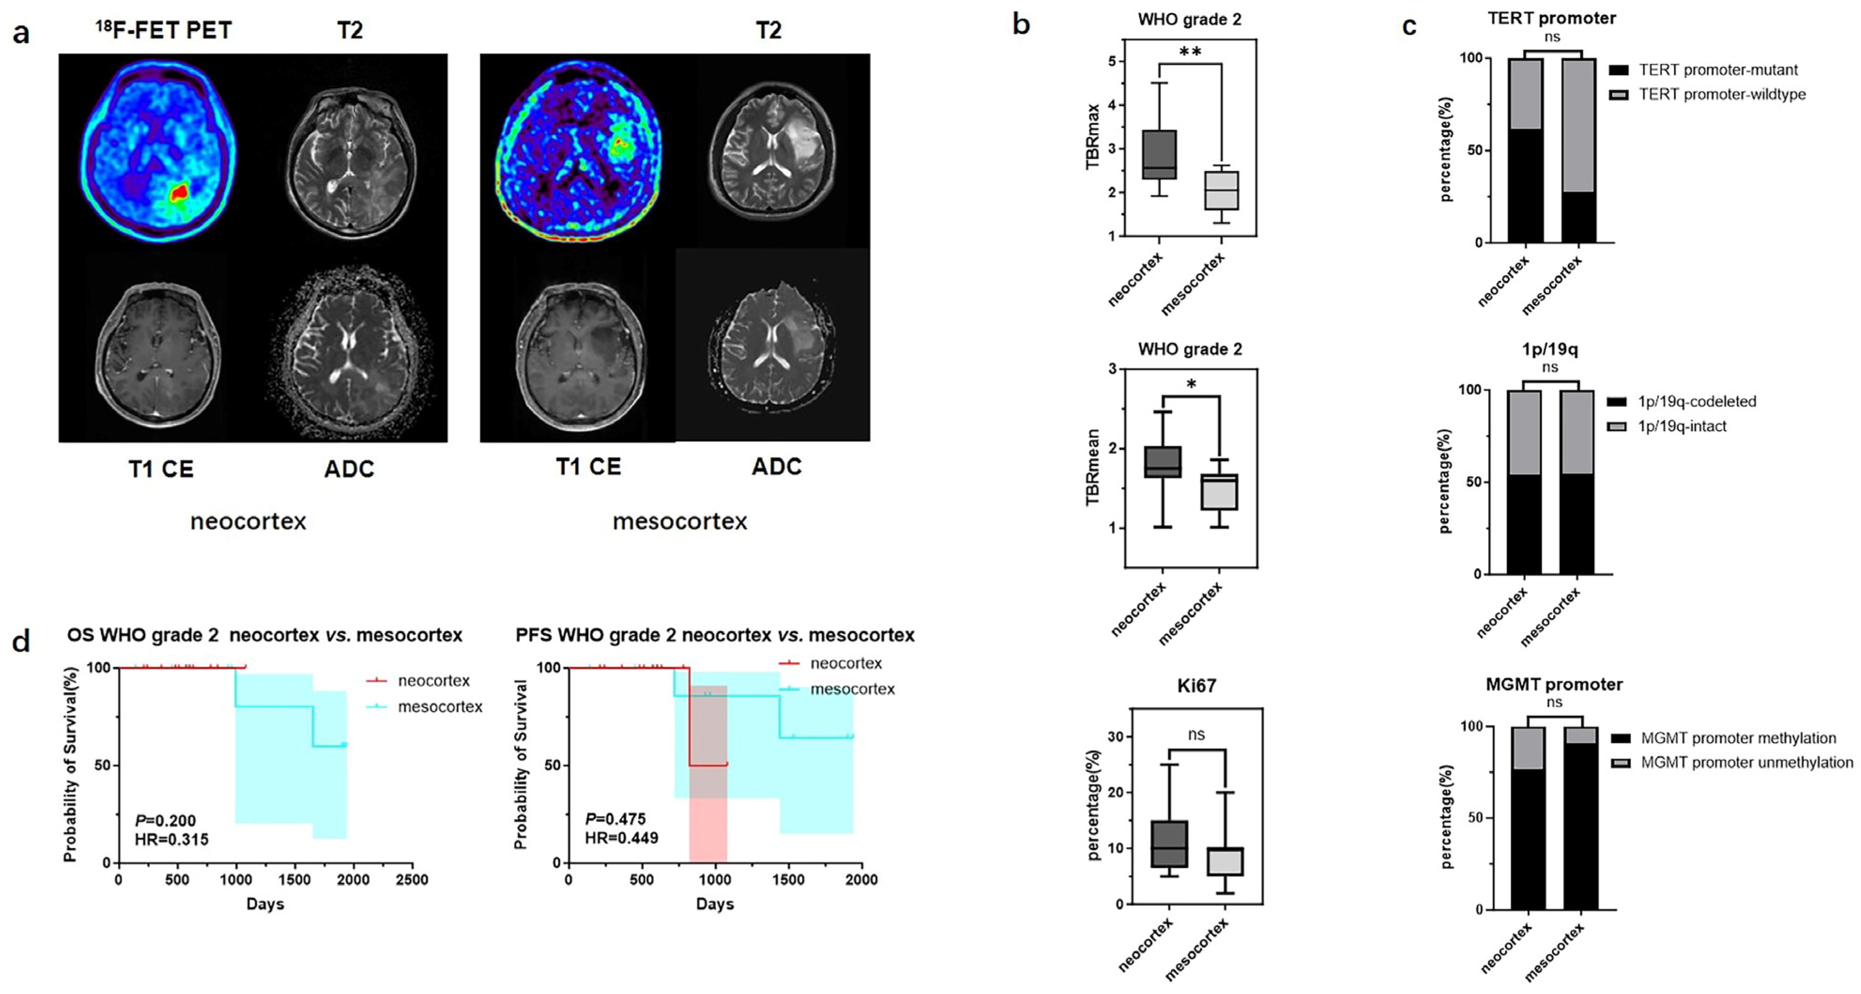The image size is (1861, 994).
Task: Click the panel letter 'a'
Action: [x=21, y=33]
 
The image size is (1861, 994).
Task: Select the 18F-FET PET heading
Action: [x=163, y=31]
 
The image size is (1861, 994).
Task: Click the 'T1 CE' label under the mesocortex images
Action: [x=588, y=467]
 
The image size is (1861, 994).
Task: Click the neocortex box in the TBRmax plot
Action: [x=1159, y=154]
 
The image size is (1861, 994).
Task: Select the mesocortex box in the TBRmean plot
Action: [x=1220, y=492]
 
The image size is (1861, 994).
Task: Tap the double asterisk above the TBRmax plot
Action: [x=1190, y=53]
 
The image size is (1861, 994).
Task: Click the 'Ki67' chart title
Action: [x=1196, y=686]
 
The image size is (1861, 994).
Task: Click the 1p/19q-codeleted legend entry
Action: [x=1696, y=401]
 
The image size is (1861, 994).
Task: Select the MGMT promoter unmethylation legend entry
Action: [x=1746, y=763]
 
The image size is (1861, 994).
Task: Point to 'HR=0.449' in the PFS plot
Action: [x=621, y=838]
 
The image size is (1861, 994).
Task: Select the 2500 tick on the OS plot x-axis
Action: [x=412, y=880]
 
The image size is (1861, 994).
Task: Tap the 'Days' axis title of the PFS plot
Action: [x=715, y=904]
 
